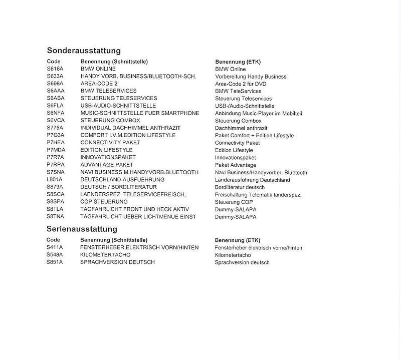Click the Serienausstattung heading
(82, 229)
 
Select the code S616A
(55, 69)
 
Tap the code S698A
(55, 84)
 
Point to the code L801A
(55, 180)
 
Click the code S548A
(55, 255)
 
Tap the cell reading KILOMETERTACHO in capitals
(105, 255)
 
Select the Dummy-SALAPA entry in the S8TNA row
(235, 217)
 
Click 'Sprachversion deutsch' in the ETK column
(242, 262)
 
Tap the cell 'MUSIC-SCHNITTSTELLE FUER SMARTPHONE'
(140, 113)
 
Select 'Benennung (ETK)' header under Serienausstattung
(237, 240)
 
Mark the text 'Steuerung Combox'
(238, 121)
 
